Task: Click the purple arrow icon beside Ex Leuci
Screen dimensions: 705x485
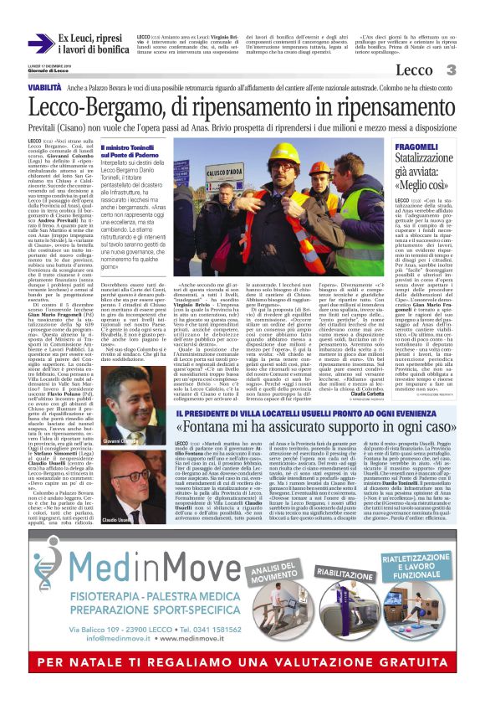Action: (x=40, y=43)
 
